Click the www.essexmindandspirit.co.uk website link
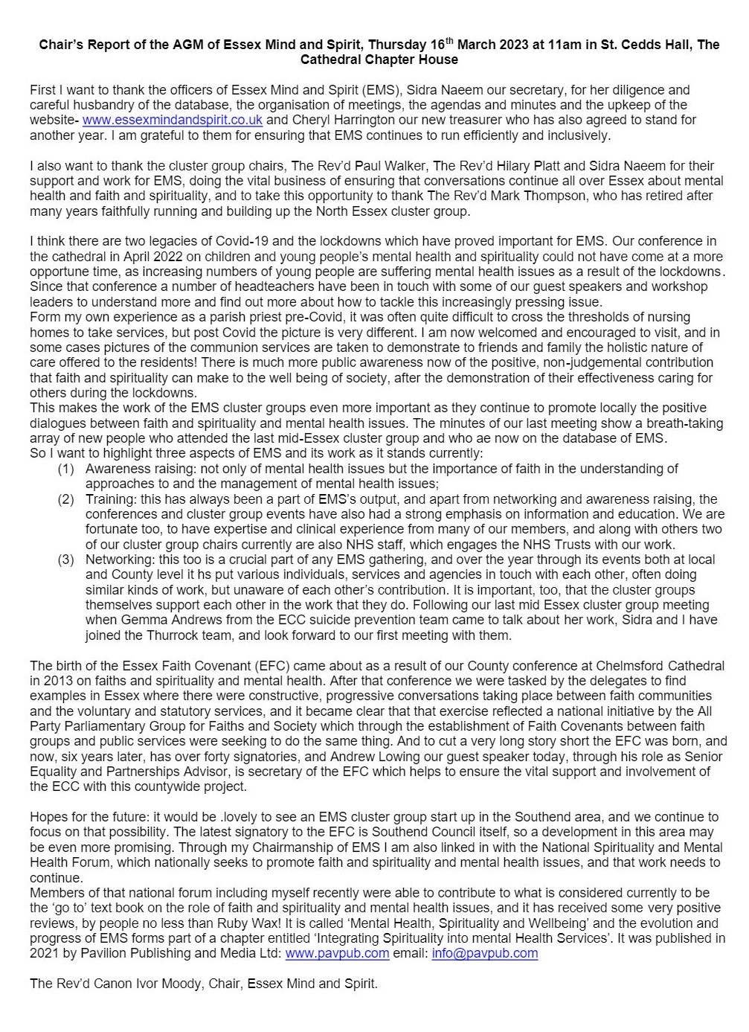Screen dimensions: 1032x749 click(172, 120)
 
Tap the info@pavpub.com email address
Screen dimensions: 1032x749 click(484, 953)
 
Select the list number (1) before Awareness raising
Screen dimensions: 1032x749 click(66, 469)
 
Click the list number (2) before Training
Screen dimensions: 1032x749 click(66, 499)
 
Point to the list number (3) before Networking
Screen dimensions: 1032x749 click(66, 560)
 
